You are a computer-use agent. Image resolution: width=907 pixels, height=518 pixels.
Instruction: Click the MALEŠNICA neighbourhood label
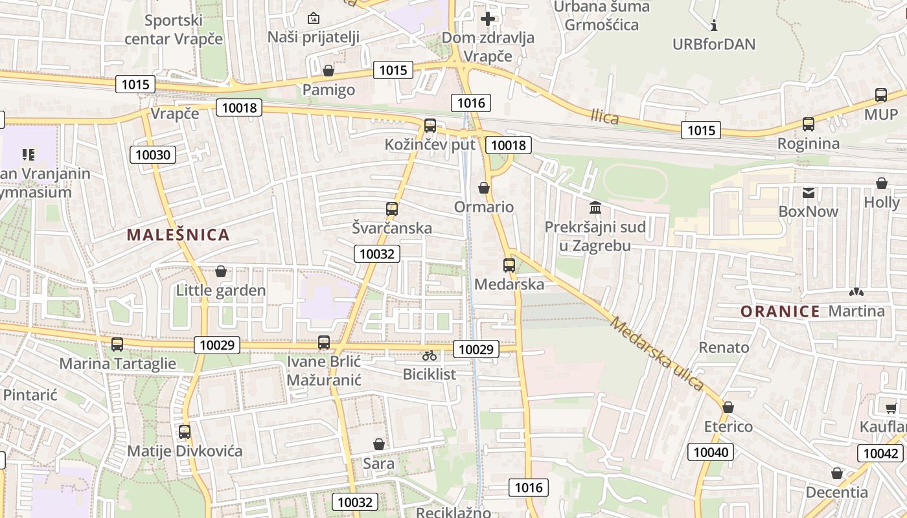pyautogui.click(x=178, y=235)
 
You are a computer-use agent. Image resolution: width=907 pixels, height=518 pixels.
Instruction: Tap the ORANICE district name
pyautogui.click(x=780, y=311)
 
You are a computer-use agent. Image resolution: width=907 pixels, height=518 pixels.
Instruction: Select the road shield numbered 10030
pyautogui.click(x=153, y=155)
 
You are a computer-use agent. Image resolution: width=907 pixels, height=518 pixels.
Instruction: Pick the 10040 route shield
pyautogui.click(x=711, y=452)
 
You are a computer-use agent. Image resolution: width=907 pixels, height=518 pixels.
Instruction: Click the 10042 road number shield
pyautogui.click(x=881, y=453)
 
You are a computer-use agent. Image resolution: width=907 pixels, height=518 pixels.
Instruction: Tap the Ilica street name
pyautogui.click(x=604, y=117)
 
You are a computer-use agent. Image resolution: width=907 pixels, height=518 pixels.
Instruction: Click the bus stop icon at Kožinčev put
pyautogui.click(x=430, y=126)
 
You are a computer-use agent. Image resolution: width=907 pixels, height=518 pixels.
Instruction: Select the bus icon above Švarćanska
pyautogui.click(x=391, y=209)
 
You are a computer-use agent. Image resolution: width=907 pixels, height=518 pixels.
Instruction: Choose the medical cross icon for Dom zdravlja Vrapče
pyautogui.click(x=487, y=19)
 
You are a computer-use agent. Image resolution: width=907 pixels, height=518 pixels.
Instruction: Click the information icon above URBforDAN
pyautogui.click(x=714, y=26)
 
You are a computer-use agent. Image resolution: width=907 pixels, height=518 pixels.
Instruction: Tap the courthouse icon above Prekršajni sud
pyautogui.click(x=595, y=208)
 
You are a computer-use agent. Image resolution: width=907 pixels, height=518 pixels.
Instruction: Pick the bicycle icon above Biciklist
pyautogui.click(x=429, y=355)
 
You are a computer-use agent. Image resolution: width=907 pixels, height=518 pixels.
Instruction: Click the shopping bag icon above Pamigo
pyautogui.click(x=328, y=71)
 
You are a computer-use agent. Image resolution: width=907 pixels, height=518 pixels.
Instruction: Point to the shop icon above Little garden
pyautogui.click(x=220, y=271)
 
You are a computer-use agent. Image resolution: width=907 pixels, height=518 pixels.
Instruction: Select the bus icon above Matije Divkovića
pyautogui.click(x=185, y=432)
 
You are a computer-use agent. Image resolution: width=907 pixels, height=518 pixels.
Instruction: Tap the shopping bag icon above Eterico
pyautogui.click(x=728, y=407)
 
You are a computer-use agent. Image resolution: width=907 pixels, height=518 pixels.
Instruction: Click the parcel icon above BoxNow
pyautogui.click(x=808, y=192)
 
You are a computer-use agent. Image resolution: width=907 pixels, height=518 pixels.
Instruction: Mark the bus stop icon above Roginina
pyautogui.click(x=808, y=124)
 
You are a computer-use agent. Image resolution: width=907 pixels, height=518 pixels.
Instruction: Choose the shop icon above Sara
pyautogui.click(x=378, y=444)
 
